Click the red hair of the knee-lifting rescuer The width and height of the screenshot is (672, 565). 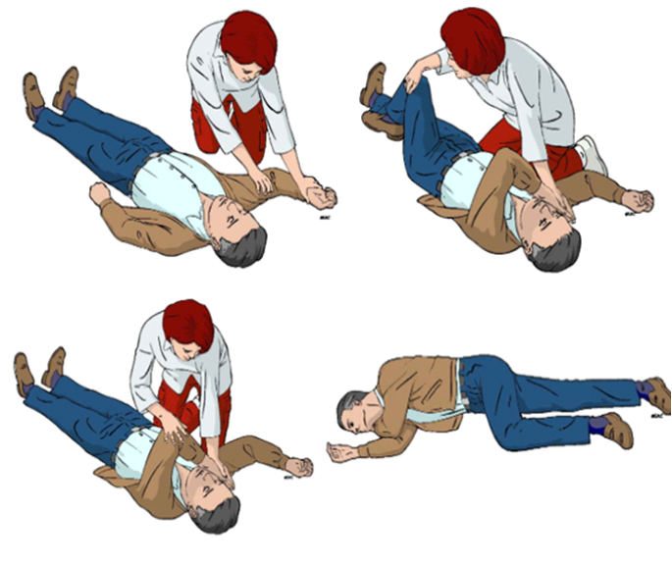click(x=474, y=39)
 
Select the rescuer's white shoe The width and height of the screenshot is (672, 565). click(x=592, y=153)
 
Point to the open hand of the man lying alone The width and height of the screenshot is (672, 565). click(x=341, y=454)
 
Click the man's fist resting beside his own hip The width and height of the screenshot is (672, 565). click(x=99, y=191)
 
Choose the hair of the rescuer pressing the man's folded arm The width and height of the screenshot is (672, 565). click(x=187, y=325)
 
